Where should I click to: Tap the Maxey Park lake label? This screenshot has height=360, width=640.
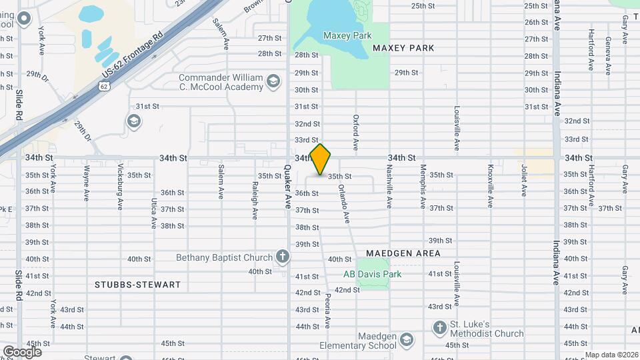pyautogui.click(x=347, y=35)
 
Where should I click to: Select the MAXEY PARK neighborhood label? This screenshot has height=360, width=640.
pyautogui.click(x=403, y=48)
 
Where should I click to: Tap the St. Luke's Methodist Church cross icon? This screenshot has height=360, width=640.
pyautogui.click(x=439, y=327)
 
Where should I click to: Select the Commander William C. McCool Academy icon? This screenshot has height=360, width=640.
pyautogui.click(x=272, y=82)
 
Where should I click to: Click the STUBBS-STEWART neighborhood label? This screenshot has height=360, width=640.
pyautogui.click(x=138, y=285)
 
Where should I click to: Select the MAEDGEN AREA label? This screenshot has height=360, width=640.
pyautogui.click(x=403, y=253)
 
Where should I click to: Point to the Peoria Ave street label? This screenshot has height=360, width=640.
pyautogui.click(x=327, y=311)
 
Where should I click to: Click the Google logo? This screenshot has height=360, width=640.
pyautogui.click(x=22, y=351)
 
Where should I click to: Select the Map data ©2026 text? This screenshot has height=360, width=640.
pyautogui.click(x=611, y=355)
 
